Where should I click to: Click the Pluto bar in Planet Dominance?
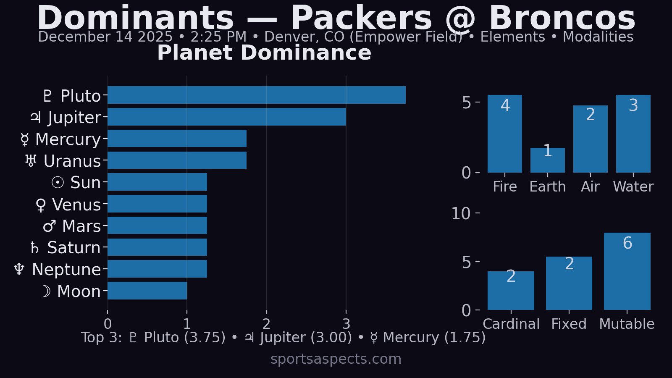click(256, 95)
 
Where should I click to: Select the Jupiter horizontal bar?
click(227, 117)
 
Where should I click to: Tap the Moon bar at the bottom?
click(147, 291)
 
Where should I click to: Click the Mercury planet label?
click(61, 139)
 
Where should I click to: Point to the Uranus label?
click(63, 161)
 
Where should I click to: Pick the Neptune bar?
click(157, 269)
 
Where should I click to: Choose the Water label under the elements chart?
click(633, 186)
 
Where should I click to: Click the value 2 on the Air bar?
click(590, 115)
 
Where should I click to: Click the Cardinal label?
click(511, 324)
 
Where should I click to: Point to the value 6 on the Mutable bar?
click(627, 243)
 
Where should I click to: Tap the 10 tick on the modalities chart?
click(461, 214)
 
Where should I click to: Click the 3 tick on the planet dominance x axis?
click(346, 324)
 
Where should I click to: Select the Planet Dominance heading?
click(264, 53)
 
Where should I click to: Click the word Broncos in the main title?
click(562, 18)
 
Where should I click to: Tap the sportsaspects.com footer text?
click(336, 359)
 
